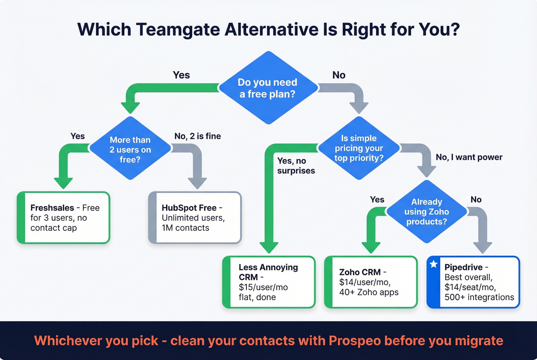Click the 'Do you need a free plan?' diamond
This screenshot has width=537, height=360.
click(268, 88)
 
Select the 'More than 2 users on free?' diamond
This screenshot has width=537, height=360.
click(130, 149)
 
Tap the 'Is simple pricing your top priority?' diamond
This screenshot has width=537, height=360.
click(359, 148)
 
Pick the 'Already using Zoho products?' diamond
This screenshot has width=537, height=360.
click(427, 212)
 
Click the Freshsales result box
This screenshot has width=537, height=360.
click(64, 218)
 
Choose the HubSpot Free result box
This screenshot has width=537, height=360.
click(195, 218)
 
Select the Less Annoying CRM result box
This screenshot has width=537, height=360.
click(269, 282)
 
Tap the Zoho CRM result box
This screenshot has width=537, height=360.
click(371, 282)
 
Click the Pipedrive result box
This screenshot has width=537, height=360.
click(473, 282)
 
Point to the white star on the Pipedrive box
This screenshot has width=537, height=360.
click(434, 264)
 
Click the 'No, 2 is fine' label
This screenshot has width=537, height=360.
click(198, 136)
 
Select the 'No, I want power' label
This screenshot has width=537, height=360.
click(469, 157)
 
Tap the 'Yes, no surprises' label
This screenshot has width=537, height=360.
click(296, 166)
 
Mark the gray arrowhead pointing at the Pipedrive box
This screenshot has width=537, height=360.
click(483, 247)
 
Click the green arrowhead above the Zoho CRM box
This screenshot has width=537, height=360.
click(371, 247)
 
